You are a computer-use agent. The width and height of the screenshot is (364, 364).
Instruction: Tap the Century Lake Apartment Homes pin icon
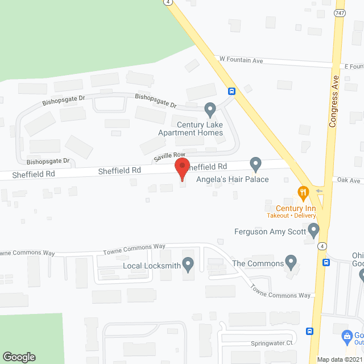click(x=210, y=108)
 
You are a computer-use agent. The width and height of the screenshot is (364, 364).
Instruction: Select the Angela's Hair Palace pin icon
click(x=255, y=164)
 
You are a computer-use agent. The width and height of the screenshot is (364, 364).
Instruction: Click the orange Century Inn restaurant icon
click(x=304, y=193)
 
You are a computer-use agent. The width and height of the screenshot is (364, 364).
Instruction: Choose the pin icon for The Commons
click(x=291, y=263)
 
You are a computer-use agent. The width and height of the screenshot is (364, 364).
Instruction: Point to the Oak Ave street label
click(x=349, y=181)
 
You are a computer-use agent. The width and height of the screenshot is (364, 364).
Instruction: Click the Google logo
click(x=19, y=357)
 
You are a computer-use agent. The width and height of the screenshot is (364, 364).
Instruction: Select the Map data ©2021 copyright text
click(x=340, y=359)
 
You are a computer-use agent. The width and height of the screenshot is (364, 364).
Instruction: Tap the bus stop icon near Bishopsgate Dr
click(x=231, y=91)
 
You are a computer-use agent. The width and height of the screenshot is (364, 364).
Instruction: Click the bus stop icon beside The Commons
click(x=326, y=262)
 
